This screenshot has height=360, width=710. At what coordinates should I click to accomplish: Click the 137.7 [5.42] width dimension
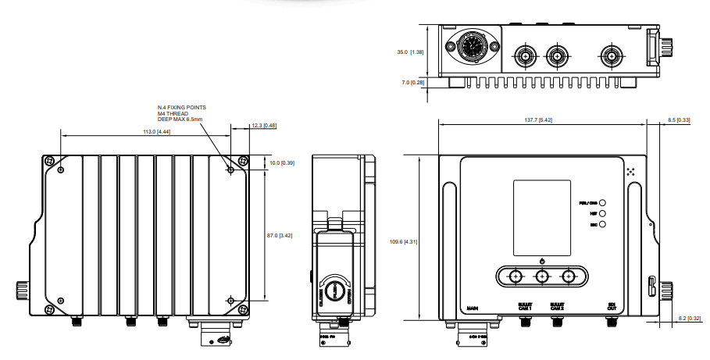[538, 119]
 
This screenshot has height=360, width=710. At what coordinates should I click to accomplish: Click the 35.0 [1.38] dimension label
[410, 52]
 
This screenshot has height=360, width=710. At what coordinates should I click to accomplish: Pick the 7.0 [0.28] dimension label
[412, 82]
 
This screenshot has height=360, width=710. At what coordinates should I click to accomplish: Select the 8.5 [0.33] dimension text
[679, 119]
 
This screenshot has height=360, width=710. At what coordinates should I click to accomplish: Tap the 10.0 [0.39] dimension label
[281, 162]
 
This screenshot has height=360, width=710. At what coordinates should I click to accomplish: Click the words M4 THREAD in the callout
[173, 113]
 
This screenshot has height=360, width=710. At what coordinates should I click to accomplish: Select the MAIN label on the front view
[473, 308]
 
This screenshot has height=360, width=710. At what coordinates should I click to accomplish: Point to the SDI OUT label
[612, 307]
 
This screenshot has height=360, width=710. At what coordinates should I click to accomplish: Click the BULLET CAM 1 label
[524, 307]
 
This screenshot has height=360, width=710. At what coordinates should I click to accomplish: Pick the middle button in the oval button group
[541, 276]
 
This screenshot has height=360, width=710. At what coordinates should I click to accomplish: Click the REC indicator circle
[604, 224]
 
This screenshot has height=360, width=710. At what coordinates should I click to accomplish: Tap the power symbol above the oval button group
[541, 259]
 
